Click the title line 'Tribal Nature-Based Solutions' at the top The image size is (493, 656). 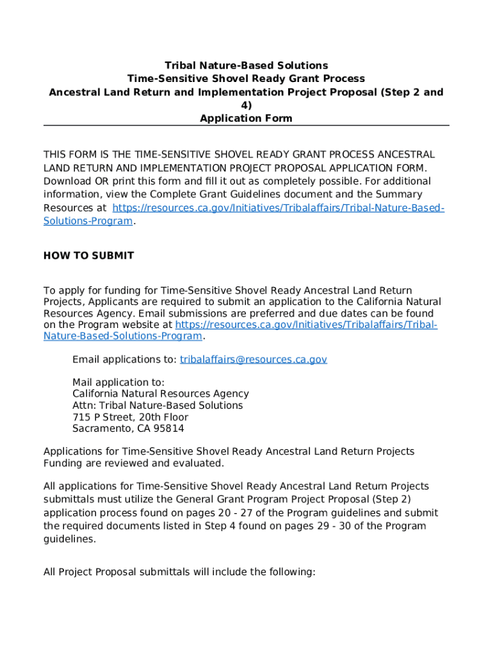246,65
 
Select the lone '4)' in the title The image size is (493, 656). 246,105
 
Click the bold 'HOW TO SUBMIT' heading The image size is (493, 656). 88,256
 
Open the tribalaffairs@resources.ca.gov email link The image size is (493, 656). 253,359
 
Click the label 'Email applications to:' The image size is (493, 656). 124,359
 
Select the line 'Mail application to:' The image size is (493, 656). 118,382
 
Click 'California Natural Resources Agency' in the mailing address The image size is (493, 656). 160,394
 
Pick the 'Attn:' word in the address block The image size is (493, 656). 85,406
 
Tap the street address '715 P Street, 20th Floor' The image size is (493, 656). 130,417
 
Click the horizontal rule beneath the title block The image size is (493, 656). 246,126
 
